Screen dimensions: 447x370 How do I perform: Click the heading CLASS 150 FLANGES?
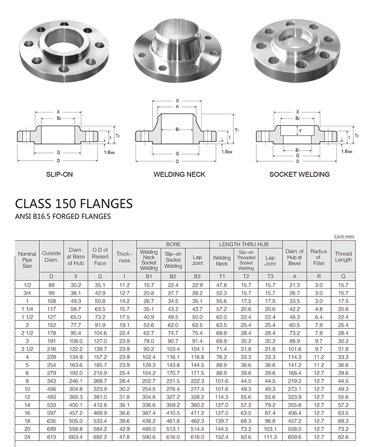pos(73,203)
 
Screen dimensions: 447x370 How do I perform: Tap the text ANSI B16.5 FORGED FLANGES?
pos(63,216)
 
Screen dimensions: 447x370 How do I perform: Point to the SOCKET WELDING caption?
pos(299,174)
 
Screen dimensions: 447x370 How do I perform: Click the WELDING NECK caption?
pos(179,174)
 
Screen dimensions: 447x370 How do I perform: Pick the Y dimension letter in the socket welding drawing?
pos(299,130)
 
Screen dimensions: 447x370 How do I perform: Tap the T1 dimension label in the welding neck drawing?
pos(237,130)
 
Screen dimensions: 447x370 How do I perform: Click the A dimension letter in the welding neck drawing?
pos(177,107)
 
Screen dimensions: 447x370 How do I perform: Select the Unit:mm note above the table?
pos(344,236)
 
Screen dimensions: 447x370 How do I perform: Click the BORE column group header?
pos(173,244)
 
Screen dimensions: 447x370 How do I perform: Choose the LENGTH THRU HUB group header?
pos(245,244)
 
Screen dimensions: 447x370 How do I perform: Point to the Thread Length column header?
pos(343,257)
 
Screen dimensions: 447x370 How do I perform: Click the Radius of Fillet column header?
pos(318,257)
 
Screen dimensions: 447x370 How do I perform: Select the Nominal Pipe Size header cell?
pos(27,259)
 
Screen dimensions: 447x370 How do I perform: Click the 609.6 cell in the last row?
pos(294,437)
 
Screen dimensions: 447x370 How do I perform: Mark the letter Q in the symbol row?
pos(343,276)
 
